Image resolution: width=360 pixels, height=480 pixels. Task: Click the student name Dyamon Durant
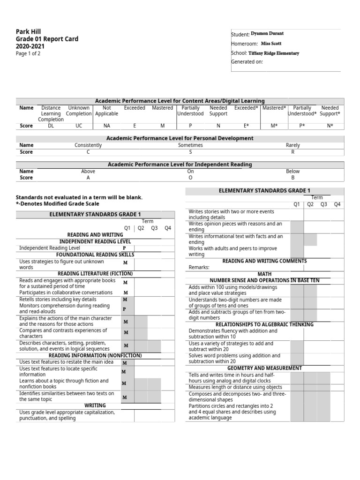[267, 34]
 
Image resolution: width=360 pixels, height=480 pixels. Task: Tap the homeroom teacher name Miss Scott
[271, 44]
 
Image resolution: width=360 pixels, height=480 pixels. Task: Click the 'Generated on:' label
[247, 62]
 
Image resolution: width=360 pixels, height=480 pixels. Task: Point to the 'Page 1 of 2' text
[28, 53]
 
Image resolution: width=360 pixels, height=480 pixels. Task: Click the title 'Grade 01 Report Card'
[47, 39]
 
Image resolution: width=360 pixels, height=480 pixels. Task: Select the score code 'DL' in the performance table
[51, 126]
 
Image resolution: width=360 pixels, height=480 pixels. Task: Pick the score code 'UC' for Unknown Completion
[78, 126]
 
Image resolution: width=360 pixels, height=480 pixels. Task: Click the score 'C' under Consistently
[88, 152]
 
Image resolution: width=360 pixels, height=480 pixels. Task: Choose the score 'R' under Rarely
[292, 152]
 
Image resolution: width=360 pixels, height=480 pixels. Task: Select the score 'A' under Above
[88, 178]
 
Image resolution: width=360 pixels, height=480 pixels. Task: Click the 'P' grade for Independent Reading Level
[125, 248]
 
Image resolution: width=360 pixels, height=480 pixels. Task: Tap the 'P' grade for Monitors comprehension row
[125, 309]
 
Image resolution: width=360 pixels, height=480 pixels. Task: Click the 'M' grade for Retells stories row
[125, 299]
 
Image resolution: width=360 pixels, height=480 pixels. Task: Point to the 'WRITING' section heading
[95, 405]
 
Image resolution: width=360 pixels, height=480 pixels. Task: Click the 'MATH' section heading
[264, 274]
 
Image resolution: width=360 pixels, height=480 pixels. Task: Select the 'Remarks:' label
[199, 267]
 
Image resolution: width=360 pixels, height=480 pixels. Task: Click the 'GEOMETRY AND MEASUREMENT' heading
[264, 368]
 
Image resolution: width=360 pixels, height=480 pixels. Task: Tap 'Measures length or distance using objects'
[235, 387]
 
